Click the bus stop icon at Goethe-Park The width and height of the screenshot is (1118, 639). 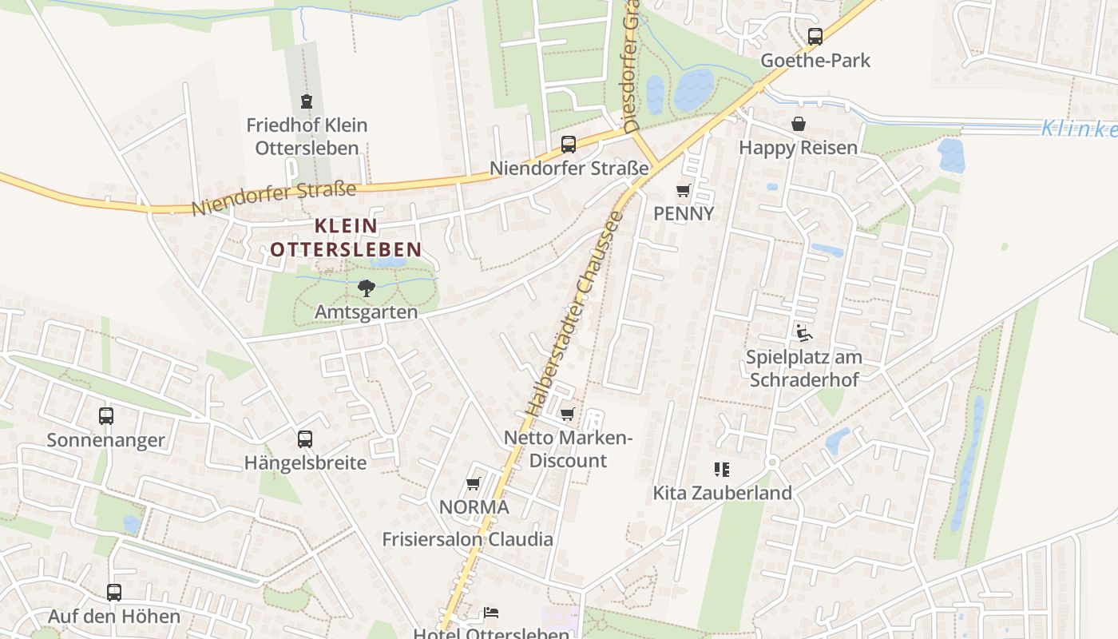pyautogui.click(x=815, y=36)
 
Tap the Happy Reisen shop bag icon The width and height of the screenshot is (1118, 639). pyautogui.click(x=798, y=124)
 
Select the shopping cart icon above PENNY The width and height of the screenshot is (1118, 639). pyautogui.click(x=683, y=190)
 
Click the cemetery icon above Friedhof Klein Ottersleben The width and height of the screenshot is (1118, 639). pyautogui.click(x=307, y=101)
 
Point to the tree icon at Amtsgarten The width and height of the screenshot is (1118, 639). pyautogui.click(x=366, y=288)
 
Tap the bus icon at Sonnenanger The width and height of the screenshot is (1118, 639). pyautogui.click(x=106, y=415)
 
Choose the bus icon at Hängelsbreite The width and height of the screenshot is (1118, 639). pyautogui.click(x=305, y=439)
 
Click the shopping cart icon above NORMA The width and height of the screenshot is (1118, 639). pyautogui.click(x=473, y=483)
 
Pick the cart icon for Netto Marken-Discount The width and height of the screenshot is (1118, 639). pyautogui.click(x=567, y=414)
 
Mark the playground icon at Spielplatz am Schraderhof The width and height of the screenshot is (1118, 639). pyautogui.click(x=803, y=333)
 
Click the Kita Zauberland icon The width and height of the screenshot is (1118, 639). pyautogui.click(x=722, y=469)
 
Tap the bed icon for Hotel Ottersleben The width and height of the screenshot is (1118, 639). pyautogui.click(x=491, y=613)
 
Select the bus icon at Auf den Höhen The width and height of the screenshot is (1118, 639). pyautogui.click(x=114, y=592)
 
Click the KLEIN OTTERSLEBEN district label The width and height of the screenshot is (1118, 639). pyautogui.click(x=346, y=237)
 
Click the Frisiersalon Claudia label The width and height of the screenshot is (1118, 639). pyautogui.click(x=467, y=539)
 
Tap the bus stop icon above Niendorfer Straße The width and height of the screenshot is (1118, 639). pyautogui.click(x=569, y=145)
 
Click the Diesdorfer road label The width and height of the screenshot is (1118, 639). pyautogui.click(x=632, y=72)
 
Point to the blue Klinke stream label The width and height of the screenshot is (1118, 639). pyautogui.click(x=1078, y=128)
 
